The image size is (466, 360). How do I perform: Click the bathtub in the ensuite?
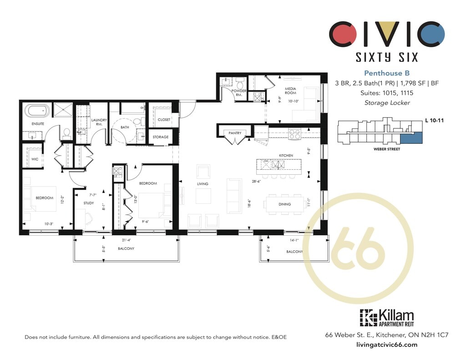point(37,111)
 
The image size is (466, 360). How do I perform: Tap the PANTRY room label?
point(235,133)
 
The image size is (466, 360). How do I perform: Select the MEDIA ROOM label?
point(290,91)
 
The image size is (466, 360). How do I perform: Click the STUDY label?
point(89,203)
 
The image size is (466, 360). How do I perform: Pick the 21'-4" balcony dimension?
point(126,240)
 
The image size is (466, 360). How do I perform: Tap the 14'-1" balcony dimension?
point(294,240)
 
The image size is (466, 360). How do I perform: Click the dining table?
point(285,204)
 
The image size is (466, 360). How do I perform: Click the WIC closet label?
point(35,159)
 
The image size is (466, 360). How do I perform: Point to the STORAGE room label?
point(161,137)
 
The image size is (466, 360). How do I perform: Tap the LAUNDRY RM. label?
point(99,122)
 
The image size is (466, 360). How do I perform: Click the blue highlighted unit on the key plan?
point(411,138)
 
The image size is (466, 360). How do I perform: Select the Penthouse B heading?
point(387,73)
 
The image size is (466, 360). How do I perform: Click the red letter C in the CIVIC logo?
point(343,34)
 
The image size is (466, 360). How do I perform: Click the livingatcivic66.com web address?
point(387,345)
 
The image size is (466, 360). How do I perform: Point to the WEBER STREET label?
point(387,149)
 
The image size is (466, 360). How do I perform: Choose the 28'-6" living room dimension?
point(256,181)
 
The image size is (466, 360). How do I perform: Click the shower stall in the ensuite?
point(63,110)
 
